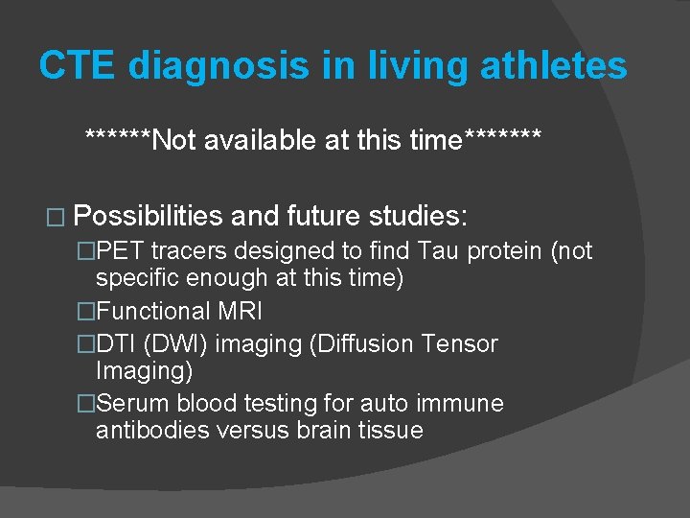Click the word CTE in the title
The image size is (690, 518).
tap(77, 66)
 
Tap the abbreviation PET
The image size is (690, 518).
tap(122, 251)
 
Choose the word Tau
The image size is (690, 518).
tap(438, 251)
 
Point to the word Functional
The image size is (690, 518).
tap(153, 311)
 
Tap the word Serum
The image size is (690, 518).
tap(130, 404)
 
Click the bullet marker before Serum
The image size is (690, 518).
tap(87, 404)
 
